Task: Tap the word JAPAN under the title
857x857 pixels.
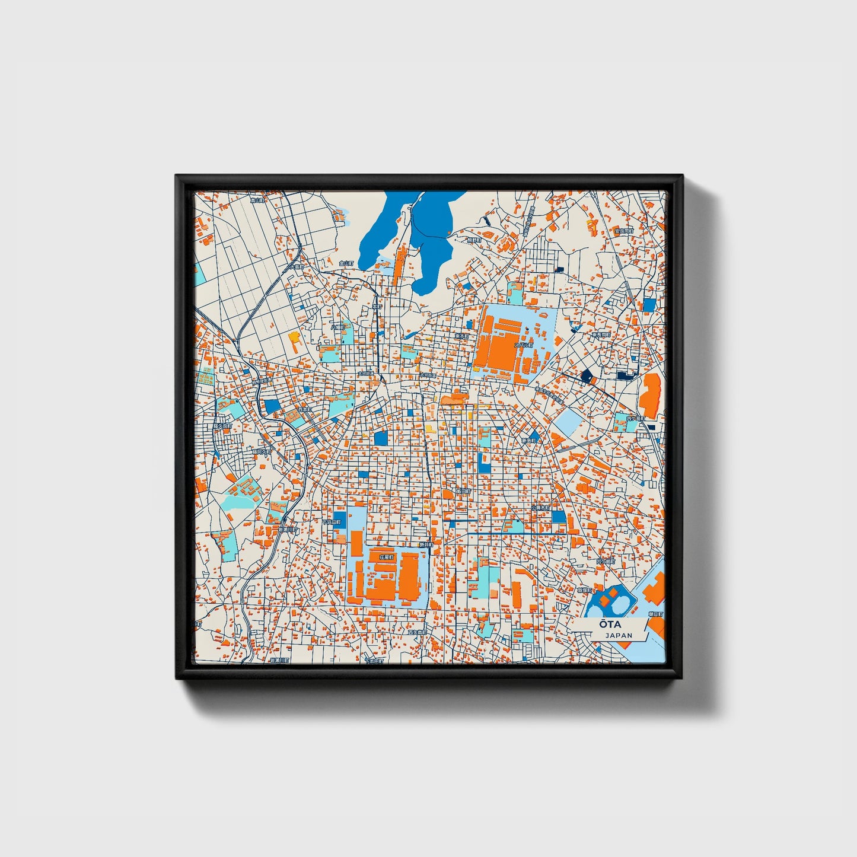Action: pyautogui.click(x=619, y=636)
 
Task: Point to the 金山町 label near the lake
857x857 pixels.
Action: pyautogui.click(x=346, y=263)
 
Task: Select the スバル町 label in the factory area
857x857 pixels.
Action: pyautogui.click(x=524, y=345)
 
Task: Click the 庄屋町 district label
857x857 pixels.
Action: pyautogui.click(x=386, y=557)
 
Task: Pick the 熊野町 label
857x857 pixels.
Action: pyautogui.click(x=473, y=240)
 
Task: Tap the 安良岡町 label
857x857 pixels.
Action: pyautogui.click(x=623, y=231)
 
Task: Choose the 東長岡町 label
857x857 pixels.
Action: pyautogui.click(x=601, y=335)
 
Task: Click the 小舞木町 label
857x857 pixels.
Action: pyautogui.click(x=541, y=508)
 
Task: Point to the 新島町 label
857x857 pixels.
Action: pyautogui.click(x=529, y=441)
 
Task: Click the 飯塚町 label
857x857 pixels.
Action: pyautogui.click(x=585, y=590)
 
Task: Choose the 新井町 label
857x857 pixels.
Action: pyautogui.click(x=426, y=544)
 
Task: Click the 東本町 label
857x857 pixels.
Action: pyautogui.click(x=461, y=336)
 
